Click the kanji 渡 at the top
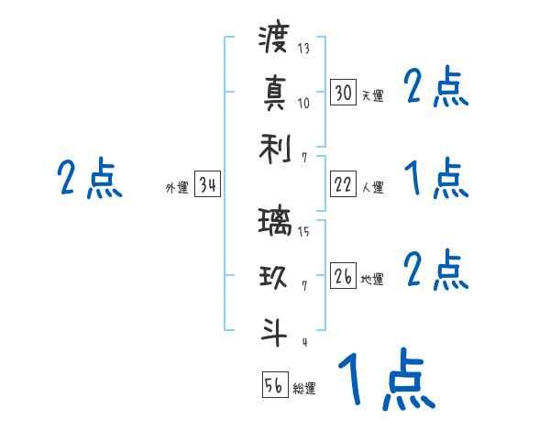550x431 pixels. click(274, 39)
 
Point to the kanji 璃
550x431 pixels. click(274, 223)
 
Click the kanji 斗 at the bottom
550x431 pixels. click(274, 329)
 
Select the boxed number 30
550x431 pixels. click(343, 93)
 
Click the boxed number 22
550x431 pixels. click(343, 184)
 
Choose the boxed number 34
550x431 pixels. click(207, 185)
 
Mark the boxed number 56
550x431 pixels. click(274, 385)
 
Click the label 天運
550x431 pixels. click(372, 95)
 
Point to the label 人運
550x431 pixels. click(372, 187)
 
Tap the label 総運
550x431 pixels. click(304, 388)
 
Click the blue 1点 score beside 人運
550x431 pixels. click(435, 178)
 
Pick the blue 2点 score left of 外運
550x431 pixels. click(90, 178)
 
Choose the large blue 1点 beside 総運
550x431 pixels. click(385, 380)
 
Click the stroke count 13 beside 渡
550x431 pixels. click(303, 48)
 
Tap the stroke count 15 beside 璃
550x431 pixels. click(303, 232)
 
